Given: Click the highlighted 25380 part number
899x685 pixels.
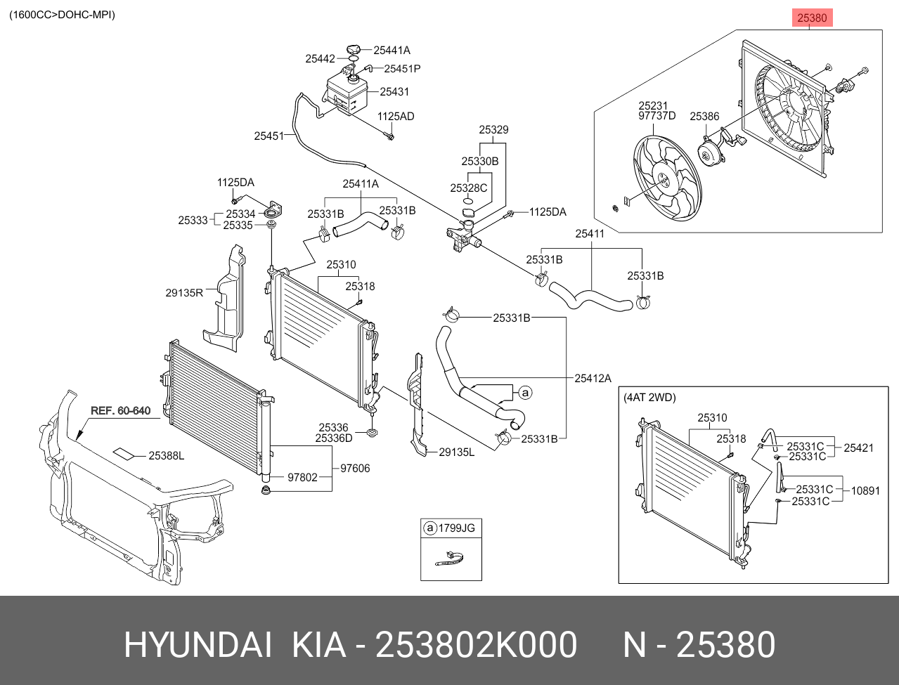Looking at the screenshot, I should [812, 18].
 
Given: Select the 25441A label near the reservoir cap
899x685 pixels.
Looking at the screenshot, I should [392, 50].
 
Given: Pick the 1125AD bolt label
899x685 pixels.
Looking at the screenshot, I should [396, 116].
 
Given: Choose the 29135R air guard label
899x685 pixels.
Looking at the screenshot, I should [184, 292].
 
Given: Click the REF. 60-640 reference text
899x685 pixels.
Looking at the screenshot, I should [120, 410].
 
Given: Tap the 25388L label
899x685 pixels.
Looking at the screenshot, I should [167, 455].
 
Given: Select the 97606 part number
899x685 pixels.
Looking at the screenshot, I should [355, 468].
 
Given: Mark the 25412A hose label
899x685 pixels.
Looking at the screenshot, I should [593, 379].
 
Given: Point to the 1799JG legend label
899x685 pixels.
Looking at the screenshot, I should [457, 528].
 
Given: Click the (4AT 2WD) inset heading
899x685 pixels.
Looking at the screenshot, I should [649, 398].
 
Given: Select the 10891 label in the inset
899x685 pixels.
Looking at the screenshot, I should [865, 490].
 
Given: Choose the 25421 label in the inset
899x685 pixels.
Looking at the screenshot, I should [858, 448].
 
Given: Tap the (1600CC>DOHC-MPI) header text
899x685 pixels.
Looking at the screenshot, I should [62, 15].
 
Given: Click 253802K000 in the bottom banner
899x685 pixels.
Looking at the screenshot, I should [476, 644].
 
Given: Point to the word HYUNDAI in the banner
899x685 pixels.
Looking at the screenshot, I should [198, 644].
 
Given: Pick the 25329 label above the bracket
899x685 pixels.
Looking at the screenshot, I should [493, 129].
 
